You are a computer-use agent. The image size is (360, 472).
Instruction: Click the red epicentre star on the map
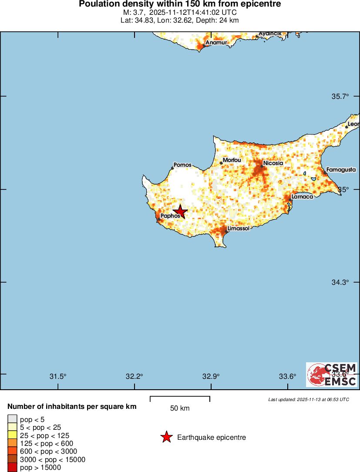pyautogui.click(x=180, y=212)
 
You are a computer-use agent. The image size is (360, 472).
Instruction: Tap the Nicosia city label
pyautogui.click(x=273, y=163)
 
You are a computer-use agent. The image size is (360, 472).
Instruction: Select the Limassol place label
pyautogui.click(x=238, y=228)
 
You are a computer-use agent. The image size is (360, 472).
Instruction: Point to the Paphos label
pyautogui.click(x=170, y=216)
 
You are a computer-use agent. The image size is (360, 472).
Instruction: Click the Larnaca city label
pyautogui.click(x=302, y=197)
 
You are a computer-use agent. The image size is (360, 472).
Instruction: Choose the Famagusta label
pyautogui.click(x=341, y=169)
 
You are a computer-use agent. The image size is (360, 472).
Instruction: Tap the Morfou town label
pyautogui.click(x=232, y=160)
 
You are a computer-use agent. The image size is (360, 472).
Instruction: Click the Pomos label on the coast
pyautogui.click(x=182, y=165)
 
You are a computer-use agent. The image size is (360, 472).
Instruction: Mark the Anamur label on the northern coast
pyautogui.click(x=216, y=43)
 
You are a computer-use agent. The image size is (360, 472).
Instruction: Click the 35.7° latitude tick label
pyautogui.click(x=340, y=96)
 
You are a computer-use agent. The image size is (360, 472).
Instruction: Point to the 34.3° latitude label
pyautogui.click(x=340, y=282)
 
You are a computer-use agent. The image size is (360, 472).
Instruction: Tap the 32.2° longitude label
pyautogui.click(x=134, y=377)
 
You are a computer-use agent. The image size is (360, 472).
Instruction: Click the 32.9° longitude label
pyautogui.click(x=211, y=377)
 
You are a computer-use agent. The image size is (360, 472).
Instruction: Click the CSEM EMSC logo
pyautogui.click(x=332, y=374)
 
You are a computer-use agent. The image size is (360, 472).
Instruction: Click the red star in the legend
pyautogui.click(x=166, y=437)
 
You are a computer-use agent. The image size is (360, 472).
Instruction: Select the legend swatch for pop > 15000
pyautogui.click(x=13, y=468)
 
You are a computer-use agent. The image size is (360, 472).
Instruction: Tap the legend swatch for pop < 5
pyautogui.click(x=13, y=419)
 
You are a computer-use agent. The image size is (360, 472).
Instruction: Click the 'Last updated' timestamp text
pyautogui.click(x=309, y=399)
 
